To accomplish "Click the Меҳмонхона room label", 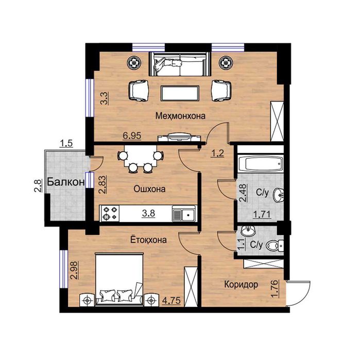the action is pyautogui.click(x=180, y=116).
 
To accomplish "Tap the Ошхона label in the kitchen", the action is pyautogui.click(x=149, y=189).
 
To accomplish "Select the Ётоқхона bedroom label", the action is pyautogui.click(x=148, y=239).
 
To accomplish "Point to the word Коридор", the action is pyautogui.click(x=241, y=285).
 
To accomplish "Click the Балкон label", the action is pyautogui.click(x=66, y=182).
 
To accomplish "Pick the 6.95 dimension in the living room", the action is pyautogui.click(x=132, y=135).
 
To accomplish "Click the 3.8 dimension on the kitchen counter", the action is pyautogui.click(x=148, y=213).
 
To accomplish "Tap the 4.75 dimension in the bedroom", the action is pyautogui.click(x=172, y=300).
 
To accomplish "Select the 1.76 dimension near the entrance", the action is pyautogui.click(x=275, y=288).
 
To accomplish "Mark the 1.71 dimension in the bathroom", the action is pyautogui.click(x=262, y=214).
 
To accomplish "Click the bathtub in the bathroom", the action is pyautogui.click(x=260, y=164).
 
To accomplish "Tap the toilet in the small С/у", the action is pyautogui.click(x=275, y=246).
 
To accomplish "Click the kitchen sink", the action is pyautogui.click(x=184, y=214).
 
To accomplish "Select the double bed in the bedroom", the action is pyautogui.click(x=119, y=280).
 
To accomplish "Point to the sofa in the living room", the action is pyautogui.click(x=180, y=64).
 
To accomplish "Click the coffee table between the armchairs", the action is pyautogui.click(x=180, y=93).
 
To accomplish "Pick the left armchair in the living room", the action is pyautogui.click(x=138, y=91).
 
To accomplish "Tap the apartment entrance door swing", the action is pyautogui.click(x=299, y=293).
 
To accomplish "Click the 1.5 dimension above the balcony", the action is pyautogui.click(x=66, y=144).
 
